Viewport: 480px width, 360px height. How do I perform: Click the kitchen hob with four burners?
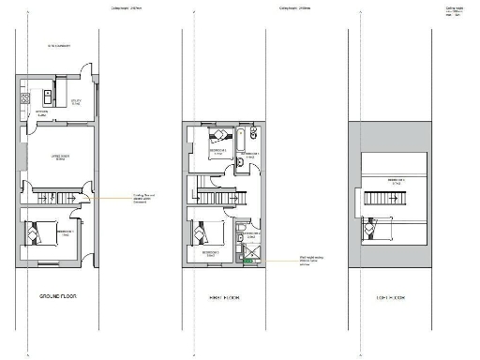tap(27, 97)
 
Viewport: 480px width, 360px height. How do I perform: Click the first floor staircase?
tap(223, 194)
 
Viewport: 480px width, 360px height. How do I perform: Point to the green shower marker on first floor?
tap(248, 261)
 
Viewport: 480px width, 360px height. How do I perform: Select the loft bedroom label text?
tap(386, 180)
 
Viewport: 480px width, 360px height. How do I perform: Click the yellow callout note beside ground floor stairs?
tap(141, 198)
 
